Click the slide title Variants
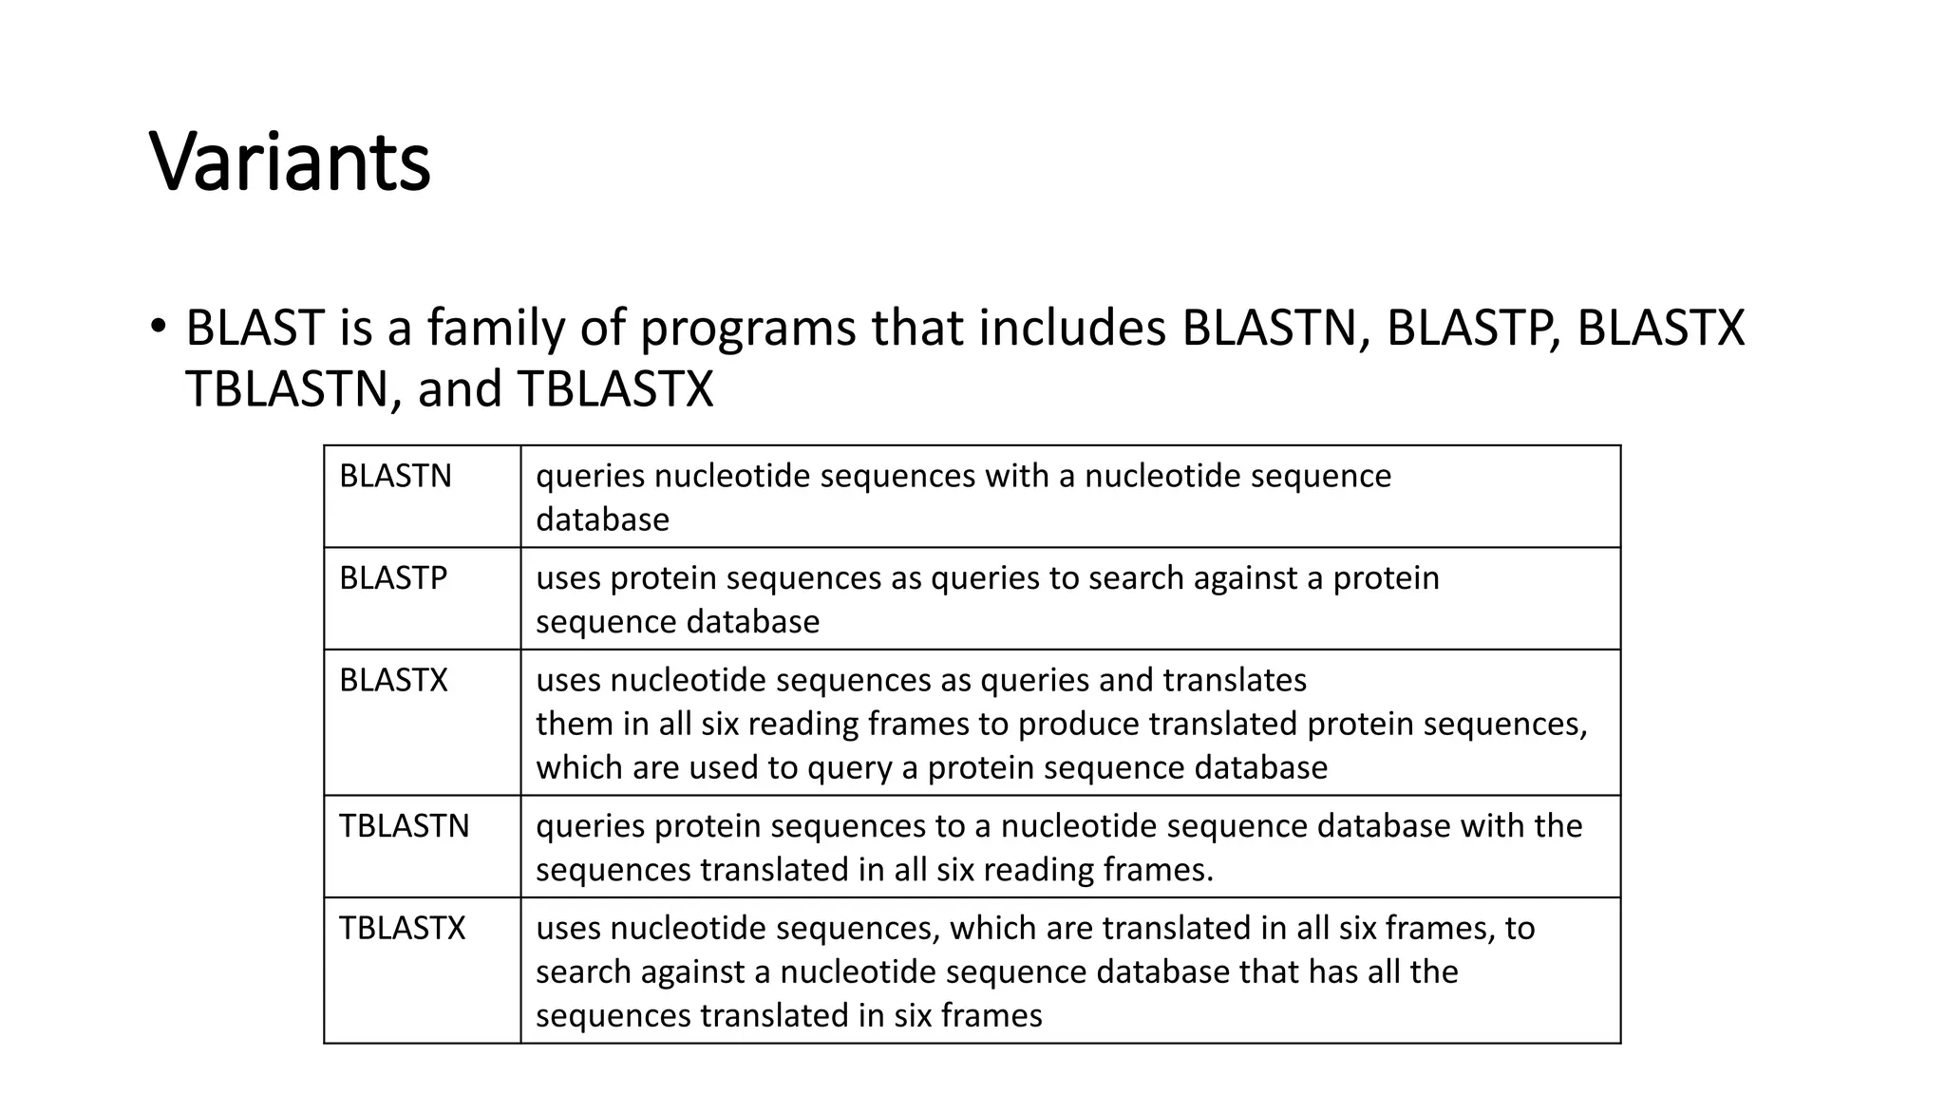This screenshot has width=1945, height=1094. tap(290, 161)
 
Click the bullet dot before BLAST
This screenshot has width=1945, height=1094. tap(158, 327)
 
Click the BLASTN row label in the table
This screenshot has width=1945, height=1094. tap(395, 476)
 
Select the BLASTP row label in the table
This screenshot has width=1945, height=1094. tap(393, 577)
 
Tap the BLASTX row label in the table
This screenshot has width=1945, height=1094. tap(393, 680)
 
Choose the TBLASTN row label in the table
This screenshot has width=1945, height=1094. tap(405, 826)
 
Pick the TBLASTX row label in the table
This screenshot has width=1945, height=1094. tap(403, 928)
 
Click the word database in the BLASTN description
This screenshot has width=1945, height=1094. tap(602, 519)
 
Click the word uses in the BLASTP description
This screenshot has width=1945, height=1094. tap(567, 577)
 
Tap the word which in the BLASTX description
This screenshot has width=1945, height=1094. tap(579, 767)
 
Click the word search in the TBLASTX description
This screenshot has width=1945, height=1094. tap(583, 972)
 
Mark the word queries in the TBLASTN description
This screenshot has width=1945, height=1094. tap(591, 826)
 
